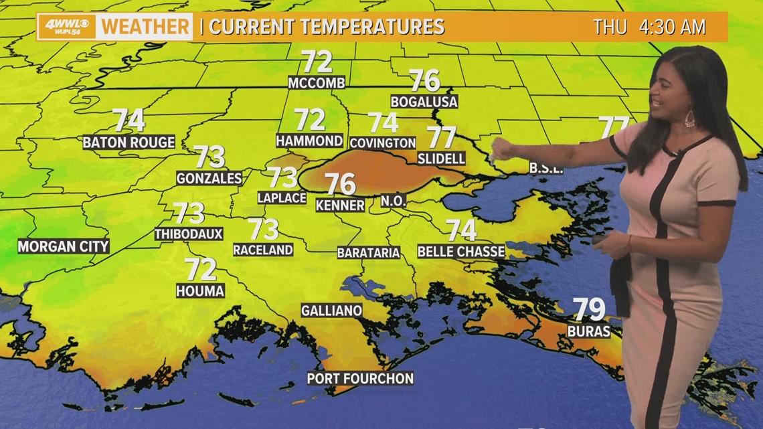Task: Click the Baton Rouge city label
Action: pyautogui.click(x=129, y=142)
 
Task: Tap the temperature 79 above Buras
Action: pyautogui.click(x=589, y=310)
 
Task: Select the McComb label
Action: pyautogui.click(x=317, y=83)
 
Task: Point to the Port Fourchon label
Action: pyautogui.click(x=360, y=378)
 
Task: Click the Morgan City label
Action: pyautogui.click(x=63, y=246)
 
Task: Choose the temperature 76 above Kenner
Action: pyautogui.click(x=340, y=183)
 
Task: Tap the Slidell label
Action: pyautogui.click(x=441, y=159)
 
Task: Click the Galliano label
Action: pyautogui.click(x=331, y=311)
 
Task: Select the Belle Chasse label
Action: pyautogui.click(x=460, y=252)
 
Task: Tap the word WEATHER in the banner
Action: pyautogui.click(x=145, y=27)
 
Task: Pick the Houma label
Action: pyautogui.click(x=200, y=290)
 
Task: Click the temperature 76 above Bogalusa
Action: pyautogui.click(x=424, y=81)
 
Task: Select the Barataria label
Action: pyautogui.click(x=368, y=252)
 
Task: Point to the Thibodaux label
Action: pyautogui.click(x=188, y=234)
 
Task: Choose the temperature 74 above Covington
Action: pyautogui.click(x=383, y=122)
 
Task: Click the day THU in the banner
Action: pyautogui.click(x=610, y=27)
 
